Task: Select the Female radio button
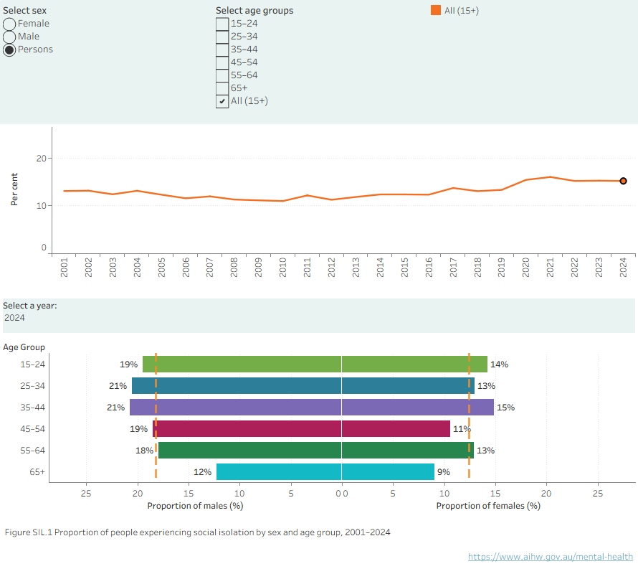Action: [x=9, y=24]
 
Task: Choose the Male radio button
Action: [x=9, y=37]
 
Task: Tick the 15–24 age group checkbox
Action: [x=222, y=24]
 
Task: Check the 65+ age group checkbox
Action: [x=222, y=88]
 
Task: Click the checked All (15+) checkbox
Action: [x=222, y=101]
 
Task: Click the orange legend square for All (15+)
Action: [x=436, y=10]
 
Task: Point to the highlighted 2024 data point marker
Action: [x=624, y=181]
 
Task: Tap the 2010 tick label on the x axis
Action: [x=282, y=267]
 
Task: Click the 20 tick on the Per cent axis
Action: [x=41, y=159]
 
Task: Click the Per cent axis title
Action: [x=14, y=189]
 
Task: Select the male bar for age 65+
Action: [x=279, y=471]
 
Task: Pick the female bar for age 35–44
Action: [x=418, y=408]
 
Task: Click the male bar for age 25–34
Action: [x=237, y=386]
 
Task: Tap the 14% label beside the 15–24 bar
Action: [x=499, y=364]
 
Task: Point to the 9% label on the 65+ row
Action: [x=444, y=472]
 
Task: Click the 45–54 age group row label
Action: [x=32, y=429]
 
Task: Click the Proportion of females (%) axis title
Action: [x=488, y=506]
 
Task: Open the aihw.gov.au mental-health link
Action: [x=551, y=557]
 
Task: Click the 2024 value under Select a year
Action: [x=14, y=318]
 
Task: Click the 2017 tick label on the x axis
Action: [x=453, y=267]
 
